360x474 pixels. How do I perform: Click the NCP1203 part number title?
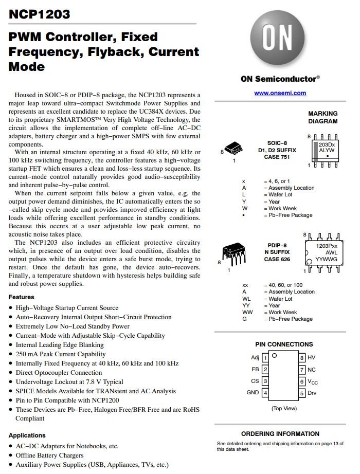point(40,14)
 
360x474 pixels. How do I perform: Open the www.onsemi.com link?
point(280,93)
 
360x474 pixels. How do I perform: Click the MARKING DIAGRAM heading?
point(322,117)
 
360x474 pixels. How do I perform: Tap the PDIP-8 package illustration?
point(234,253)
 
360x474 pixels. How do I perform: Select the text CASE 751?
point(277,157)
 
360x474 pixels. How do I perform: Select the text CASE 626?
point(277,259)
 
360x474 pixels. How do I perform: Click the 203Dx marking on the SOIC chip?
point(327,144)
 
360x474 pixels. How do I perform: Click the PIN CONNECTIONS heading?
point(283,344)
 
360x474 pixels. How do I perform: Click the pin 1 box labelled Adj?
point(265,357)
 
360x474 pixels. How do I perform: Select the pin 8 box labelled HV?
point(302,357)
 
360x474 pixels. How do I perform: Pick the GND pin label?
point(253,393)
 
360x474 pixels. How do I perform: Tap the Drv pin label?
point(312,393)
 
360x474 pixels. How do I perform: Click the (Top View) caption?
point(284,408)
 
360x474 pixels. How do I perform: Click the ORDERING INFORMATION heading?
point(280,433)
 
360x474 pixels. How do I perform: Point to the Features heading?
point(22,297)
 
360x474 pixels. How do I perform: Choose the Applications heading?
point(27,435)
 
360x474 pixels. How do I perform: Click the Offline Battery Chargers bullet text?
point(49,455)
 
